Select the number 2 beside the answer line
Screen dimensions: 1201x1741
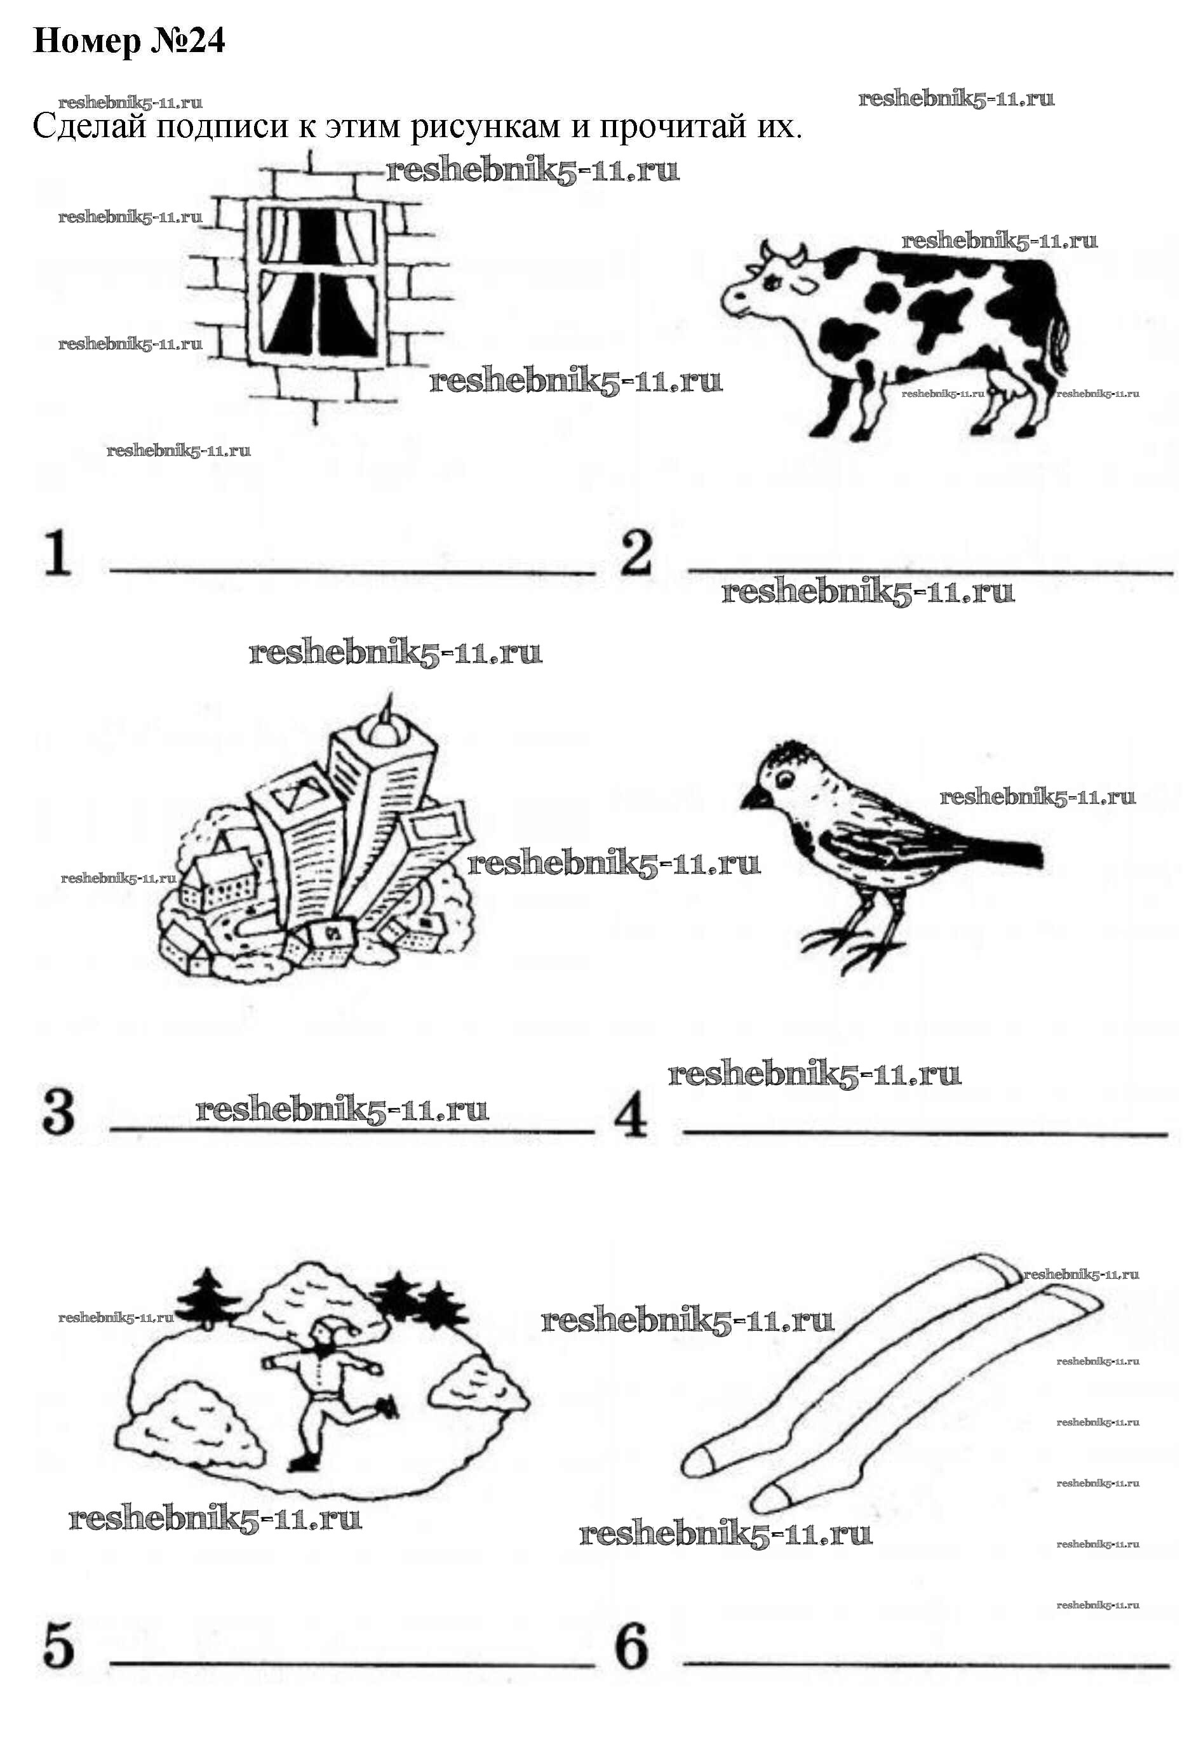click(x=636, y=554)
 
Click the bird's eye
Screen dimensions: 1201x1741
click(x=784, y=778)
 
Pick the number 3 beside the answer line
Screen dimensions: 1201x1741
click(x=58, y=1112)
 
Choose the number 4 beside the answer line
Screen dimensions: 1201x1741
click(x=631, y=1116)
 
